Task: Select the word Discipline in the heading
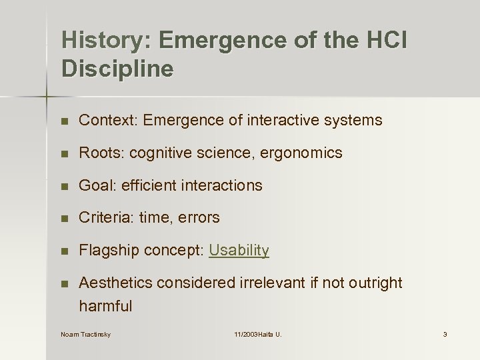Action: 117,69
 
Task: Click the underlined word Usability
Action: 239,251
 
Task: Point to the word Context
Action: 107,121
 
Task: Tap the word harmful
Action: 105,307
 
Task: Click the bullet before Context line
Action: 64,121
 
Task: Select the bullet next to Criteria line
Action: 64,218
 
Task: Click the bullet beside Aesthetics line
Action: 64,283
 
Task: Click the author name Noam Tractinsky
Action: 85,334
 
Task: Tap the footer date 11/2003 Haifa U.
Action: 257,334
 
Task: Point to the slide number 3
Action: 445,334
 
